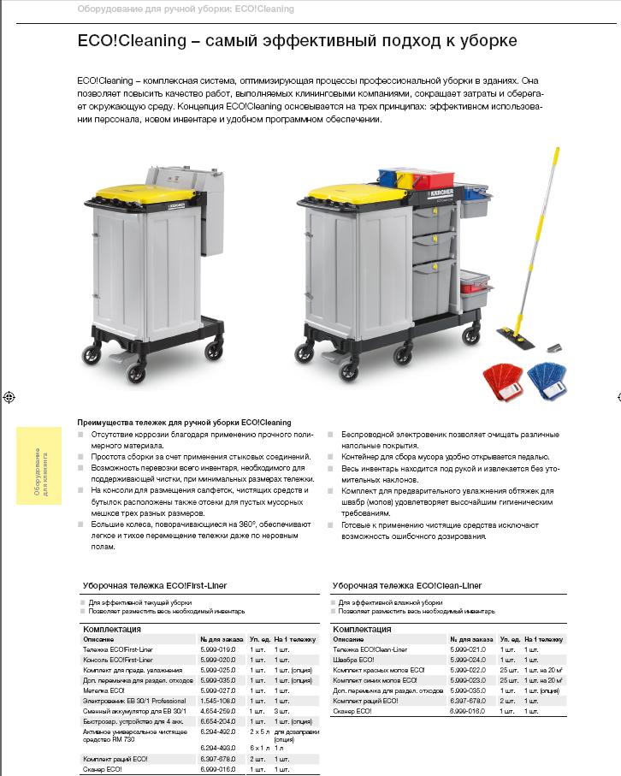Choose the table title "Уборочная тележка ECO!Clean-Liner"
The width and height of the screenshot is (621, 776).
406,585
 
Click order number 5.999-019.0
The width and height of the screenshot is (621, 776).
216,649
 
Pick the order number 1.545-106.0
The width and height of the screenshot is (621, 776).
216,700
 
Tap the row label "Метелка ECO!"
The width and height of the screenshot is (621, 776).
103,690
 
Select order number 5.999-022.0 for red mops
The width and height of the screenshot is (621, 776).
466,670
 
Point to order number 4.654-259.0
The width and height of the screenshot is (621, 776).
216,710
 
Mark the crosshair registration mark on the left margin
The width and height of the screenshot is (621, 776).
8,397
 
